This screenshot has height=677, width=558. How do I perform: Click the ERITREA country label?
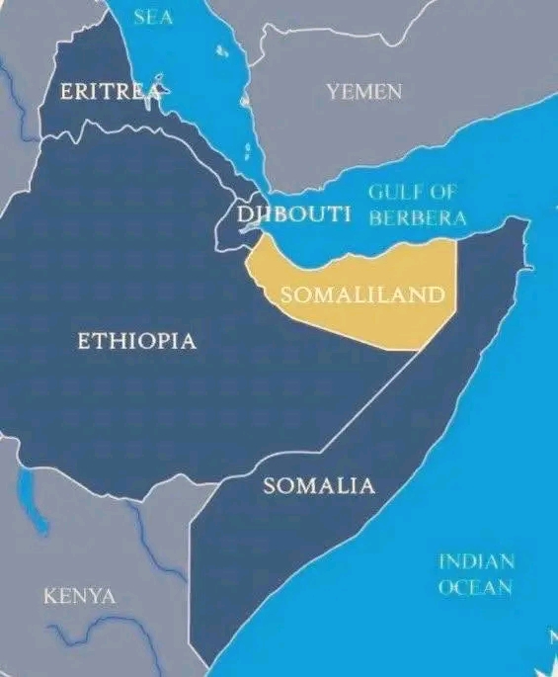[x=110, y=92]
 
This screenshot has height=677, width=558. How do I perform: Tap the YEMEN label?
[x=364, y=92]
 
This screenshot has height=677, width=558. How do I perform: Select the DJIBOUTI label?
[x=294, y=214]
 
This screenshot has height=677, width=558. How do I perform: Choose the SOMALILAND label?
[x=361, y=295]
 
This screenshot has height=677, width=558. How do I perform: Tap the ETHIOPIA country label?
[x=136, y=341]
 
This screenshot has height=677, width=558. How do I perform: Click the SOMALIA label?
[x=319, y=485]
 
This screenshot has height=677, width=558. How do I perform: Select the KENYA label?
[x=79, y=596]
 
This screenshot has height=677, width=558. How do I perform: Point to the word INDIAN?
[x=476, y=561]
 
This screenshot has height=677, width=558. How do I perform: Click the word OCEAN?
[x=475, y=587]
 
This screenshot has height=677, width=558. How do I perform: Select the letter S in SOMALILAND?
[x=286, y=295]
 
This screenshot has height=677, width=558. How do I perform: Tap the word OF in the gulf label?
[x=442, y=192]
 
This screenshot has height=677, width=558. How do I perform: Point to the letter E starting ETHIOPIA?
[x=83, y=341]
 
